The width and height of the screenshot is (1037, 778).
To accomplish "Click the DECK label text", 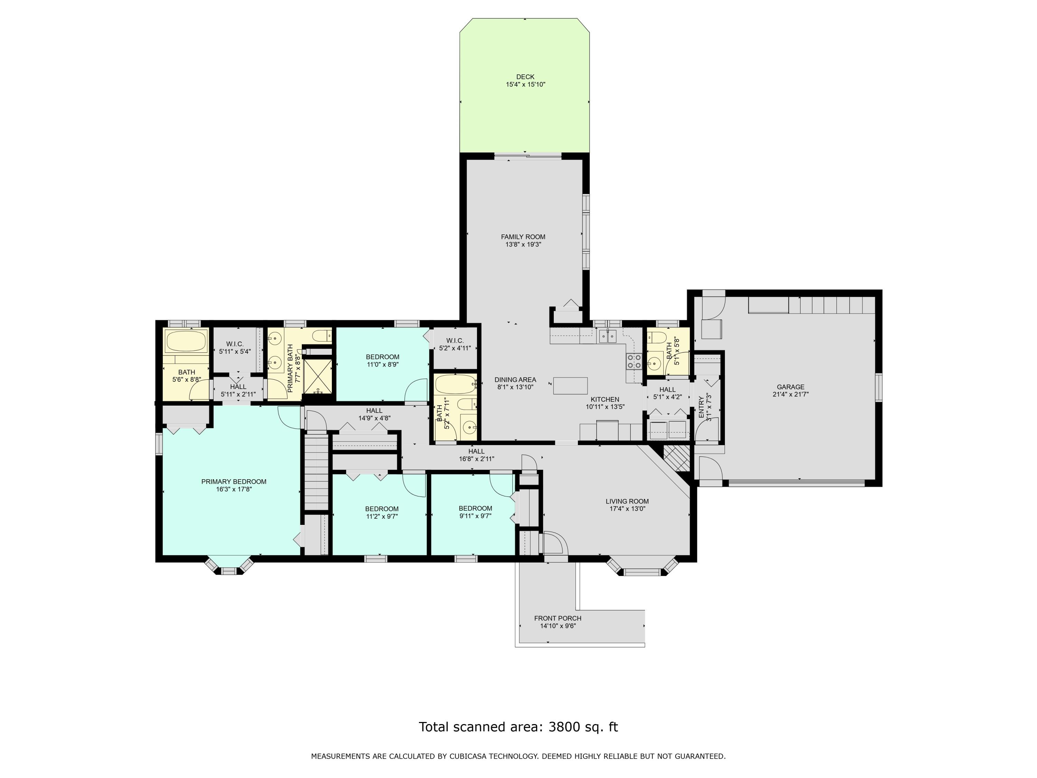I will point(525,77).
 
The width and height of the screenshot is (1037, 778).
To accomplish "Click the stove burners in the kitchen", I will point(634,361).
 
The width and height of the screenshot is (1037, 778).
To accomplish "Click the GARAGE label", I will point(791,387).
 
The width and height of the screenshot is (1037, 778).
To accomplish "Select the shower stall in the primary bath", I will point(318,376).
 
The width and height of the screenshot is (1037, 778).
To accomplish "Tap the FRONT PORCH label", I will point(558,618).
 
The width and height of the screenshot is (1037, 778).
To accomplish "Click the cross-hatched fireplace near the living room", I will point(677,457).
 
